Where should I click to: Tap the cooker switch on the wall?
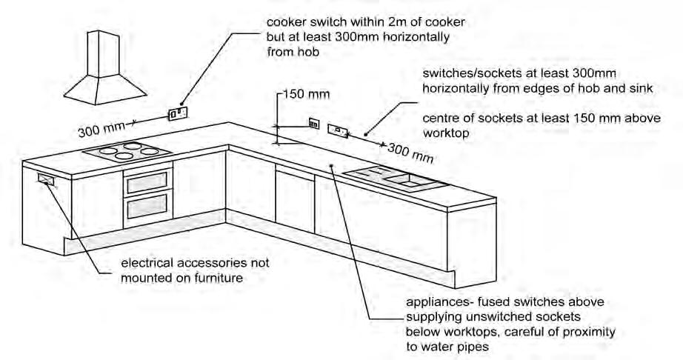[177, 113]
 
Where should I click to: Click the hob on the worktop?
[128, 153]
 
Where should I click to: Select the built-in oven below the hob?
[148, 194]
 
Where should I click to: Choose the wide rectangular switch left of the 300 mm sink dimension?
[339, 131]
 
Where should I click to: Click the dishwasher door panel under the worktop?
[295, 196]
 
